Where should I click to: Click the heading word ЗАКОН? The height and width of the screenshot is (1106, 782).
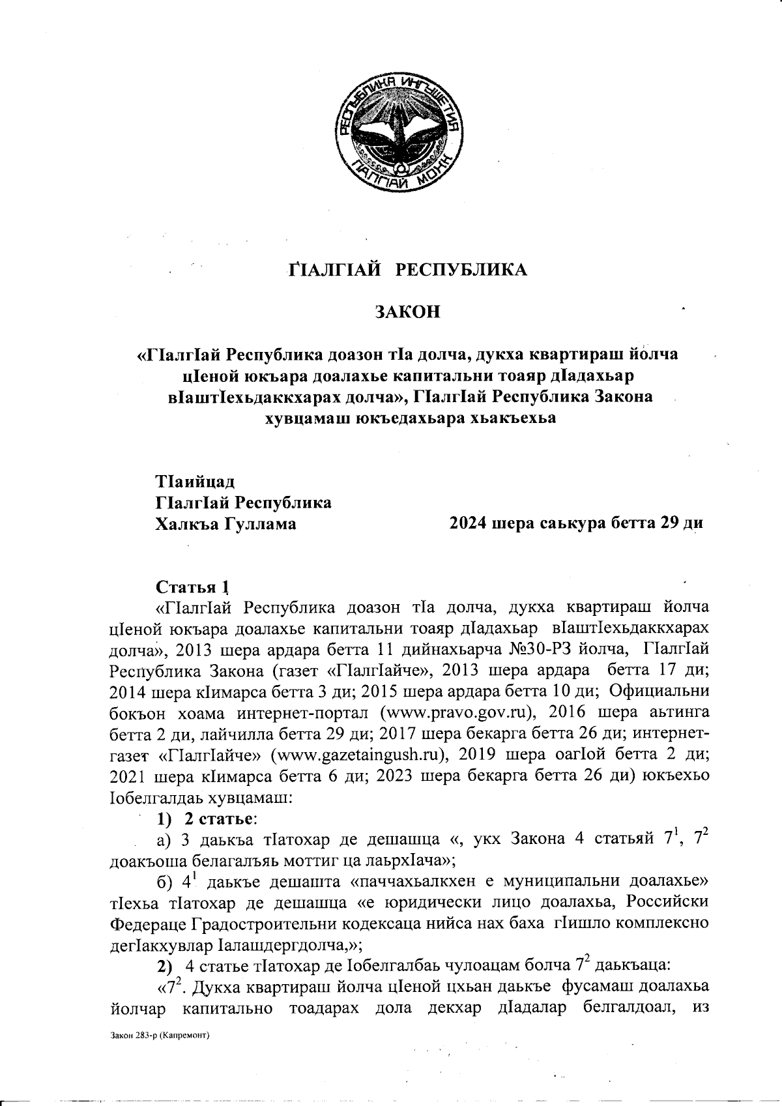click(407, 312)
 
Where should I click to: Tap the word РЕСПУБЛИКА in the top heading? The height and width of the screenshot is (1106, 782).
click(463, 270)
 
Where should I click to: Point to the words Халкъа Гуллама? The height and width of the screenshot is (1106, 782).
click(225, 523)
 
